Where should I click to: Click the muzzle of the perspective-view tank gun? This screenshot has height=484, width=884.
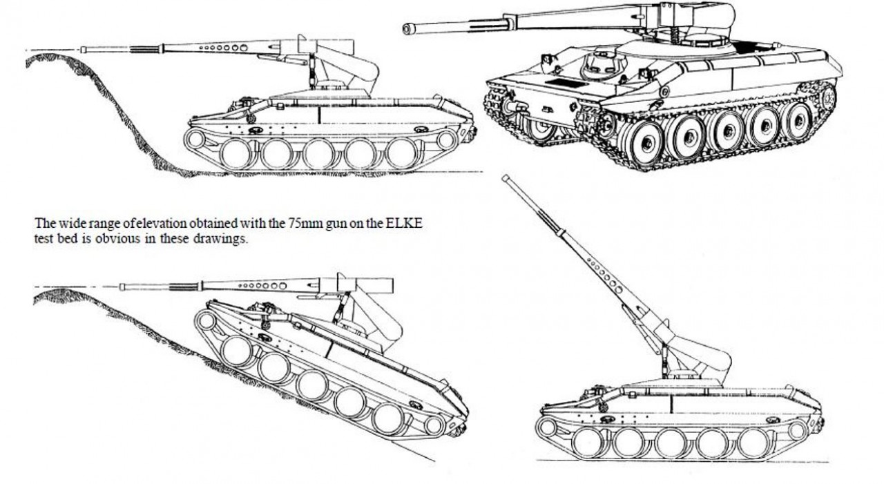point(407,29)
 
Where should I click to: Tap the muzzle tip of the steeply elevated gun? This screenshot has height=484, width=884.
point(505,178)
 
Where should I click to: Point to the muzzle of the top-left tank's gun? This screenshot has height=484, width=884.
point(84,50)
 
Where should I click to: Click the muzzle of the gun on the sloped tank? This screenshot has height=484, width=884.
point(122,287)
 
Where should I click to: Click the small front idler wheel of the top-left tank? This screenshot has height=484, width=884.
point(195,139)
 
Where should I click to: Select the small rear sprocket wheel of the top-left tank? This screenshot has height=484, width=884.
point(446,139)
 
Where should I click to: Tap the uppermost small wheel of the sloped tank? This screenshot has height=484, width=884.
point(206,320)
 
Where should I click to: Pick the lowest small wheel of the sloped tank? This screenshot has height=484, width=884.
point(434,425)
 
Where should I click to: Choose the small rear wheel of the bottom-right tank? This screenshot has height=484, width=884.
point(798,430)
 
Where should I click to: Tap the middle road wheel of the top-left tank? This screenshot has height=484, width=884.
point(319,154)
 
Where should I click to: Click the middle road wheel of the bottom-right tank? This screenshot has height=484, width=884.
point(670,443)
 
